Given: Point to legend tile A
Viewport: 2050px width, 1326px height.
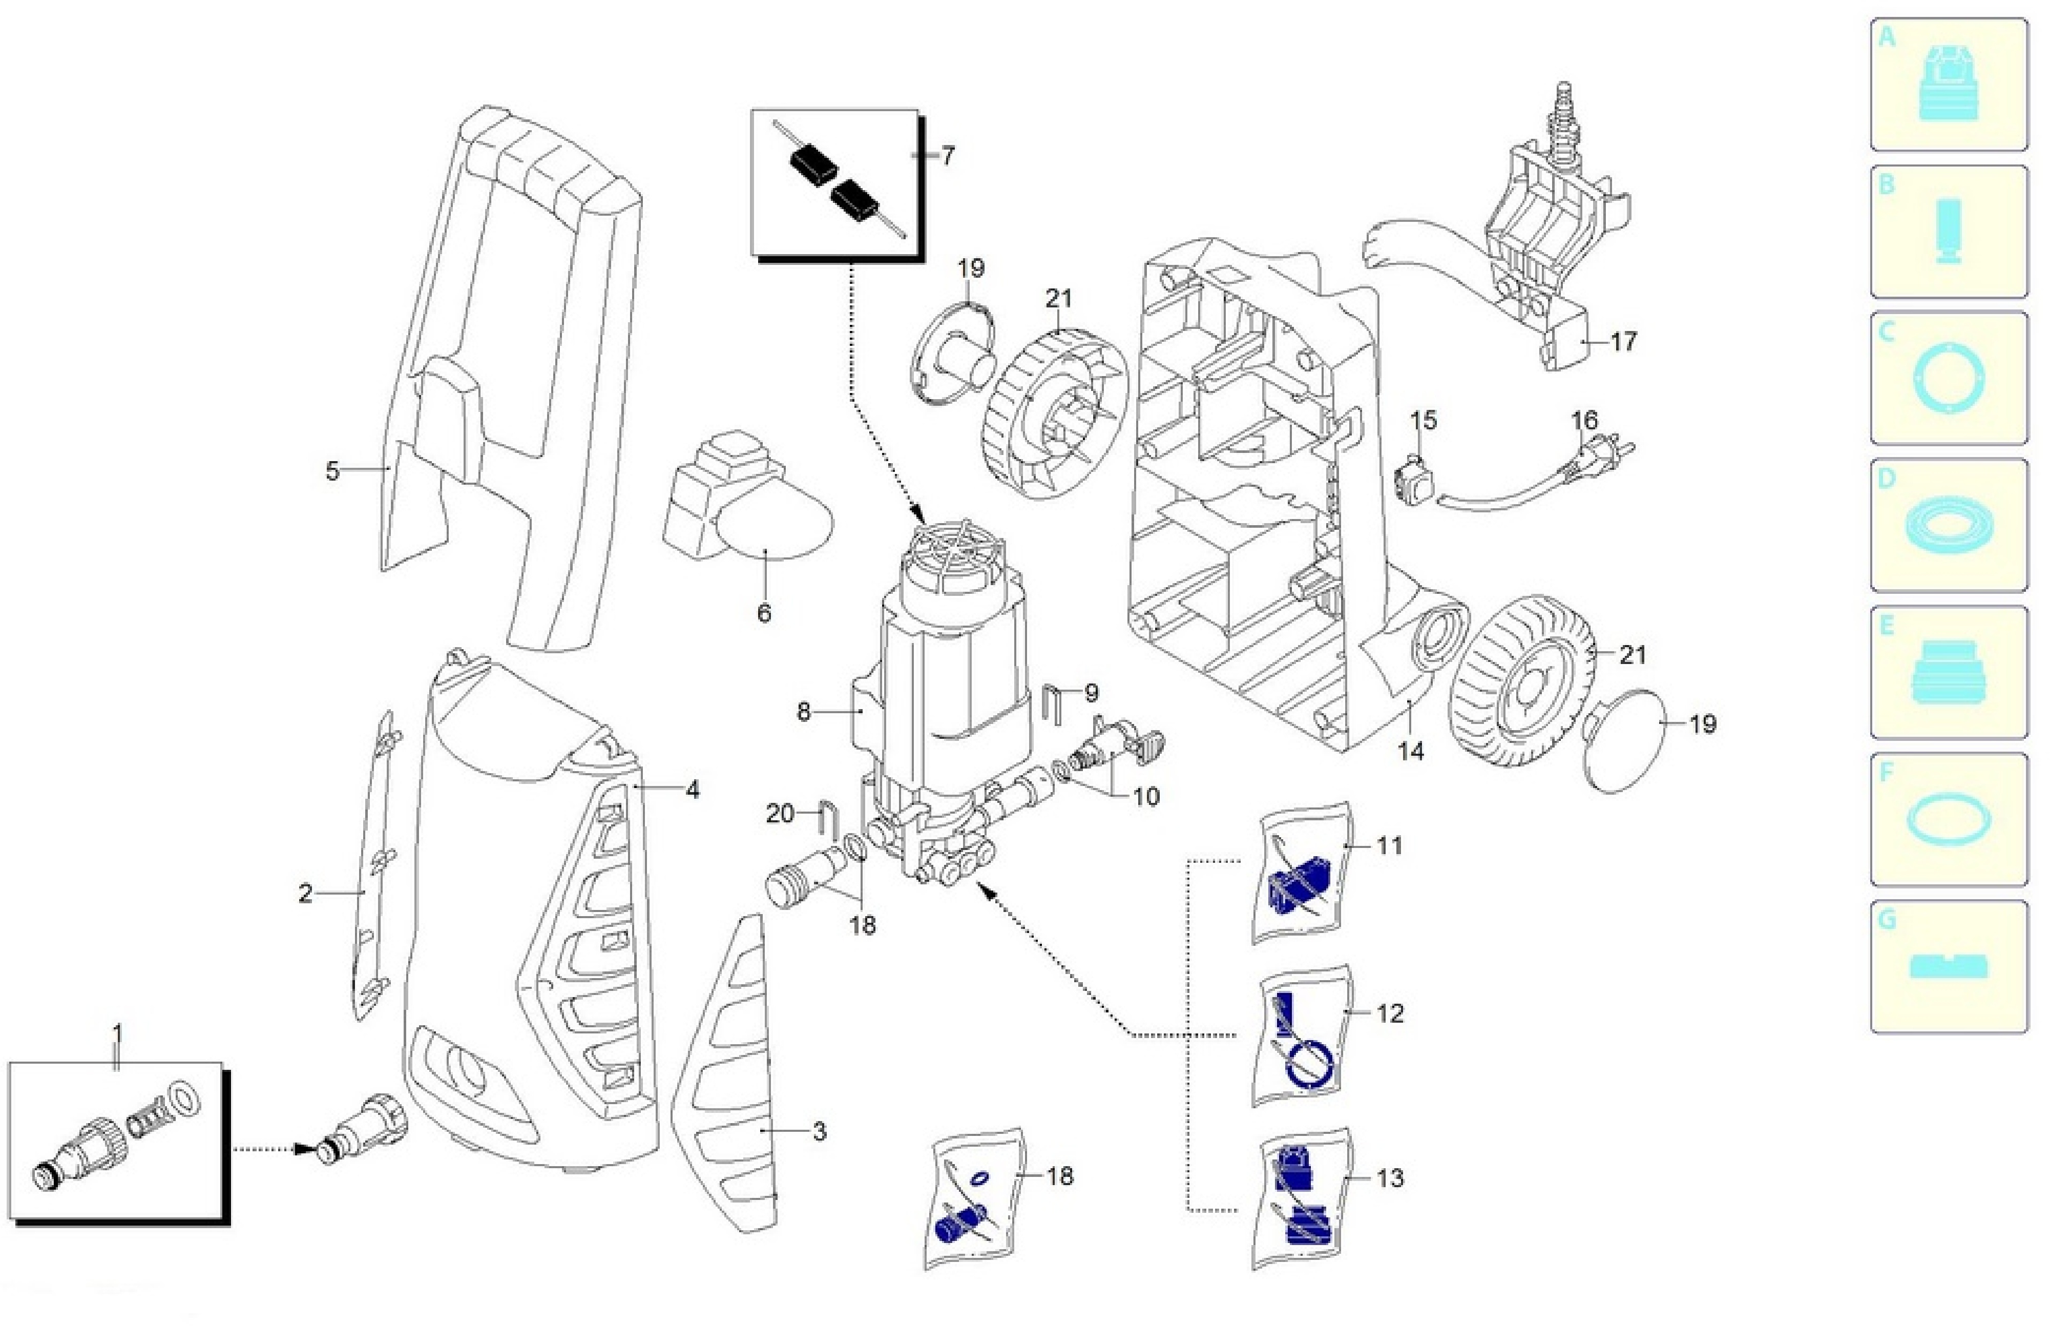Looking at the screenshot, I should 1949,85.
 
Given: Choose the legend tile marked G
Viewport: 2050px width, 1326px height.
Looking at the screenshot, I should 1949,967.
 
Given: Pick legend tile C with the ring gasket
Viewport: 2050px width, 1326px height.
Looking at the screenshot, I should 1949,379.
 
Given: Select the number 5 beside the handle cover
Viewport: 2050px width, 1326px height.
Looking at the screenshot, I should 332,471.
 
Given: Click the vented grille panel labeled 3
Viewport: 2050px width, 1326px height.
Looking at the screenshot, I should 728,1076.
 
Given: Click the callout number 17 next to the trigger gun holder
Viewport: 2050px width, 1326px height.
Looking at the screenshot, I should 1623,342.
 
